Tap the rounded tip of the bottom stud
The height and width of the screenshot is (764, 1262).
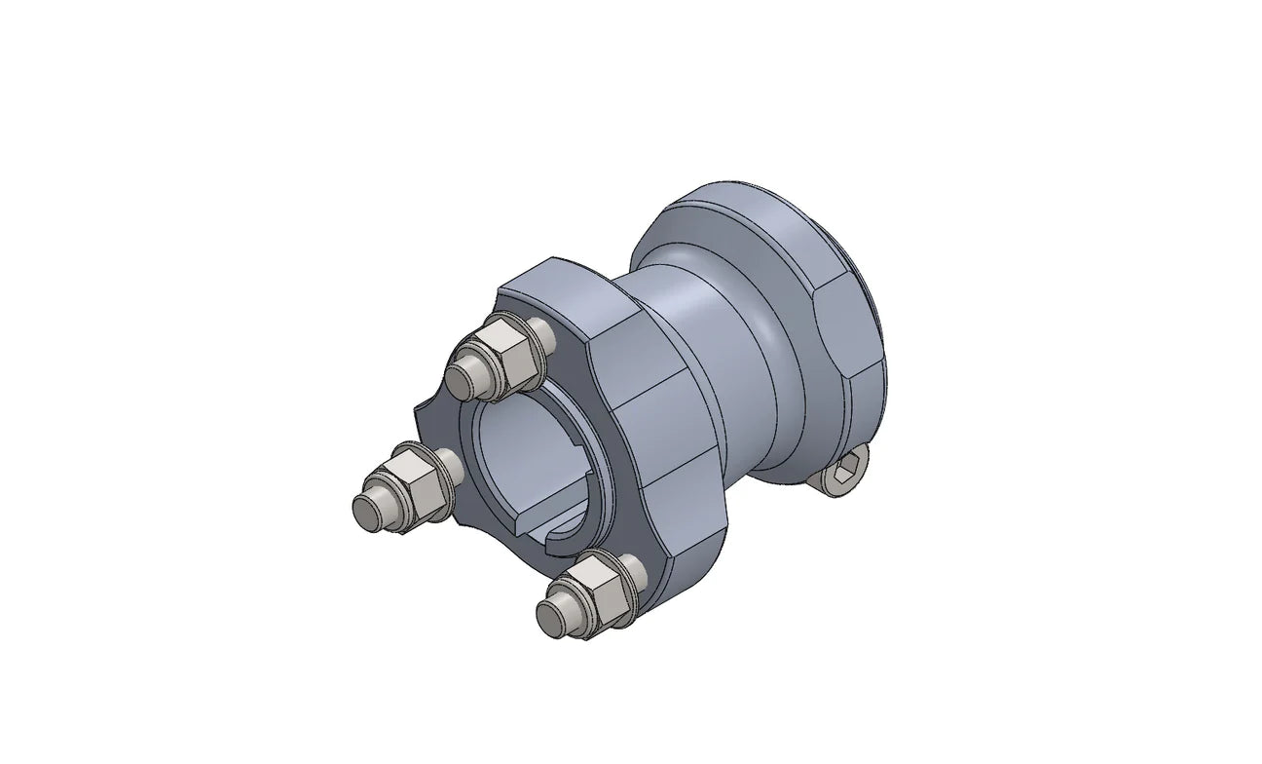[551, 617]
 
